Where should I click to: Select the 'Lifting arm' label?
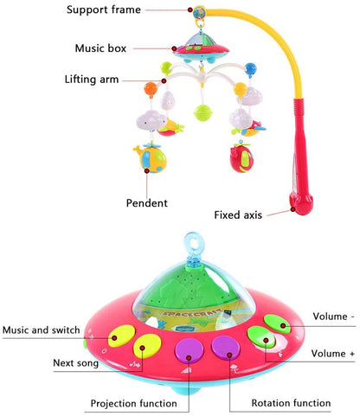(92, 80)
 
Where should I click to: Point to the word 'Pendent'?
(148, 203)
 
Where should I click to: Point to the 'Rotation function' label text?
(291, 403)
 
